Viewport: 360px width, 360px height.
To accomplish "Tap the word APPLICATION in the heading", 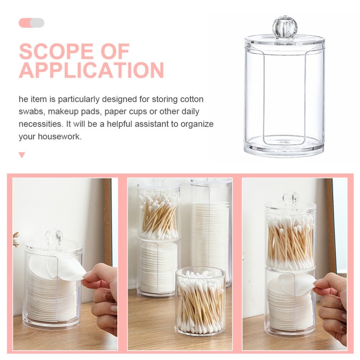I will [x=91, y=70].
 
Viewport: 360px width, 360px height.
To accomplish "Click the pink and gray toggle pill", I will [x=31, y=23].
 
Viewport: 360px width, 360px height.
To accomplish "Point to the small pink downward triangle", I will [x=22, y=155].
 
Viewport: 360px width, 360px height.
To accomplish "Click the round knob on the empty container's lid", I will [x=284, y=27].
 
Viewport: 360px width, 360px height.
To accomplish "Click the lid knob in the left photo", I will [x=54, y=237].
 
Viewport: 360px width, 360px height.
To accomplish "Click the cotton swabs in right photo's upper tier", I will [x=290, y=240].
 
